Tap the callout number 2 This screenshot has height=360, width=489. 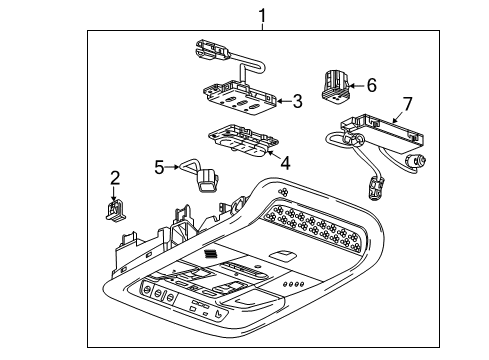(x=115, y=178)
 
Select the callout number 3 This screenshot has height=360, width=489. (x=296, y=100)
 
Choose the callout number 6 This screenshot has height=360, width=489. (x=371, y=86)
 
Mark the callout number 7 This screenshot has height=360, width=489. (x=406, y=103)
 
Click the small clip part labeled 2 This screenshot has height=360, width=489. (x=115, y=208)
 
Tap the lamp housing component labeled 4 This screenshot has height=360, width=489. (x=240, y=142)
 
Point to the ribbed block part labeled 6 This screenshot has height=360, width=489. (x=333, y=85)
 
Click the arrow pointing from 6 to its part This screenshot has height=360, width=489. (x=355, y=87)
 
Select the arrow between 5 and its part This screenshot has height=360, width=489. (x=177, y=168)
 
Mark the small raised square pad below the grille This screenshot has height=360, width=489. (x=285, y=256)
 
